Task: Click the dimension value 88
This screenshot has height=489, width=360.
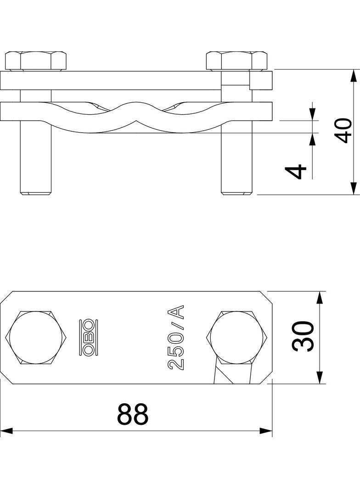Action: pos(133,414)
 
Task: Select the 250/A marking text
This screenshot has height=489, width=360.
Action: pos(176,337)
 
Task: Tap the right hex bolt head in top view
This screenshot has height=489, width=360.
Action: pos(237,338)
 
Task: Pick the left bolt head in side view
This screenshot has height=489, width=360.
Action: pos(36,61)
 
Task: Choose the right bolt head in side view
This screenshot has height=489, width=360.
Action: pos(236,61)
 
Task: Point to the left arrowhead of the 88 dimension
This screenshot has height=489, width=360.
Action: pos(6,431)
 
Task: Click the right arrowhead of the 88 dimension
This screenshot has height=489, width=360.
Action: pos(266,431)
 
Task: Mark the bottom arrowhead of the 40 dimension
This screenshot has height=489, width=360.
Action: pos(354,188)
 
